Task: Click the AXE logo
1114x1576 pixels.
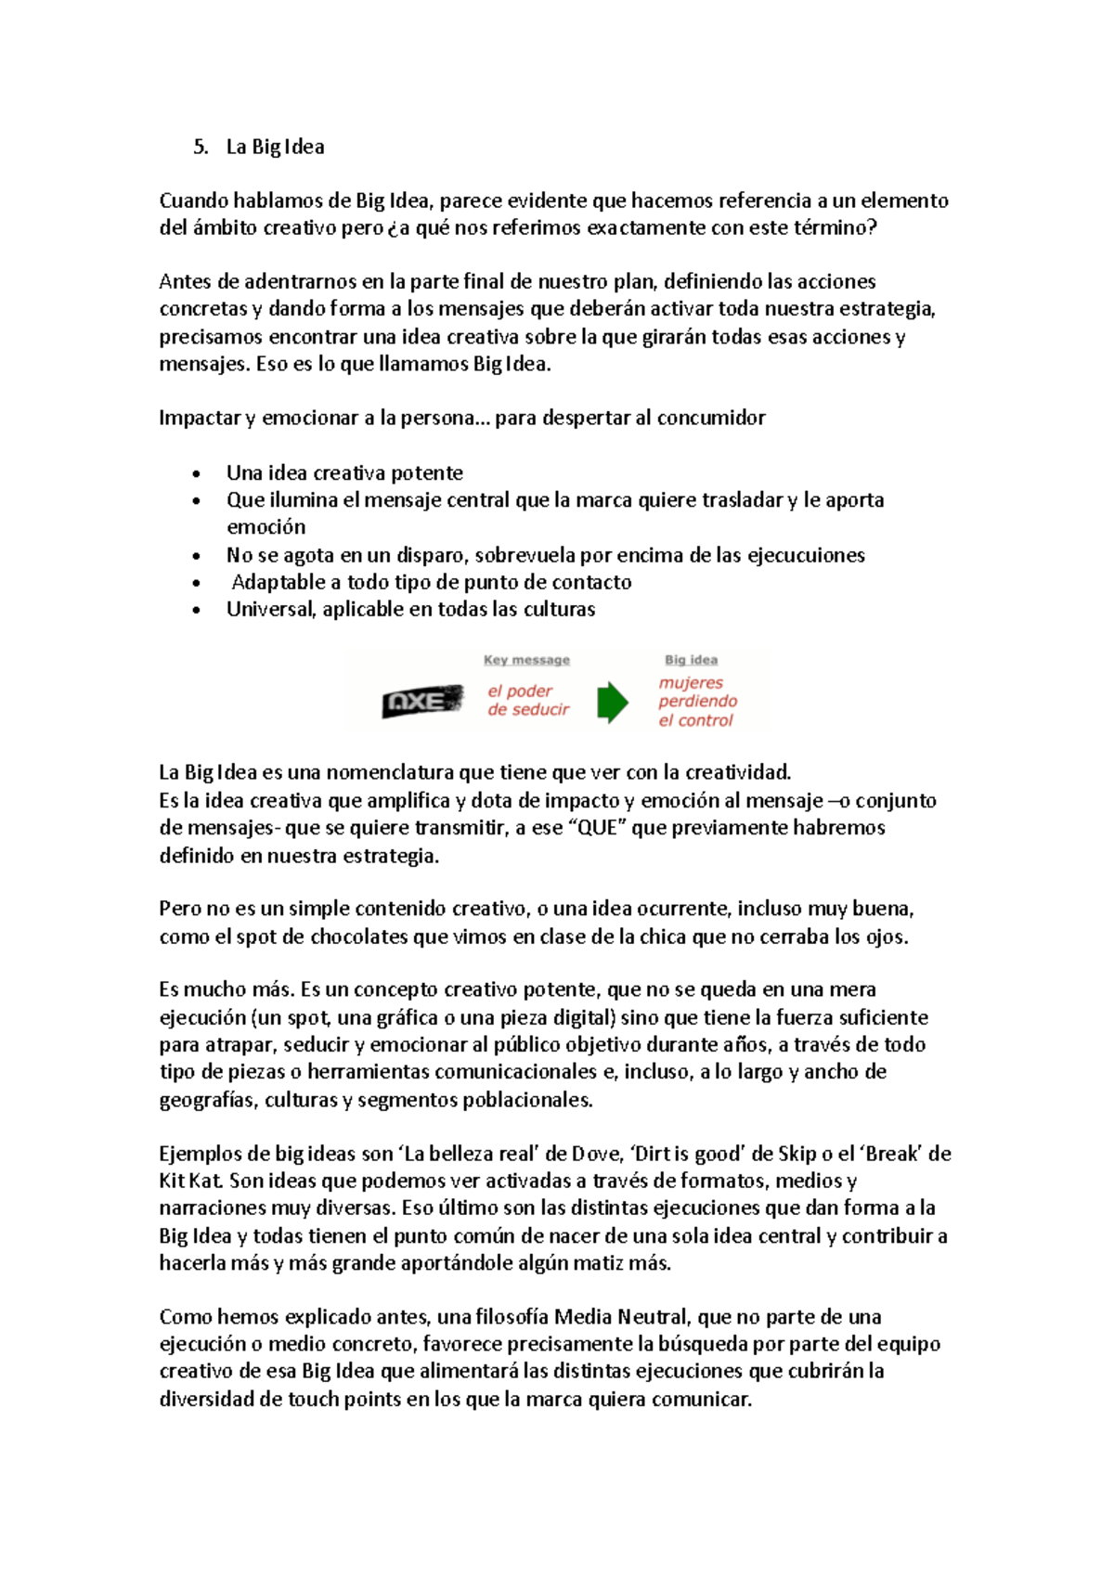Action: [x=422, y=702]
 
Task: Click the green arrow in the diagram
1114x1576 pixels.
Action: [x=612, y=702]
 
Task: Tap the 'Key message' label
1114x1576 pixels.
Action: [x=526, y=660]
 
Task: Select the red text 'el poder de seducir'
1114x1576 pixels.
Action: [x=528, y=701]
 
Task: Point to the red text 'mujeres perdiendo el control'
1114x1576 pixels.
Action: [x=697, y=702]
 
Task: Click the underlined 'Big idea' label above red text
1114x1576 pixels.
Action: [x=691, y=660]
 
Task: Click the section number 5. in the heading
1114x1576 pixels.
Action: [x=201, y=147]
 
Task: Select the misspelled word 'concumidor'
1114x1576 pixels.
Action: [x=711, y=418]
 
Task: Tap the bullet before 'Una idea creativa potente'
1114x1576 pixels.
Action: [x=196, y=473]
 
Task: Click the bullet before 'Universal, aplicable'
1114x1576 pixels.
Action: [x=196, y=610]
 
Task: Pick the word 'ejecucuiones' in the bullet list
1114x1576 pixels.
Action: [x=806, y=555]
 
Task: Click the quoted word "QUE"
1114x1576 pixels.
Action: [x=597, y=828]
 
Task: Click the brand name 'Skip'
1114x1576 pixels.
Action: [x=797, y=1154]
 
